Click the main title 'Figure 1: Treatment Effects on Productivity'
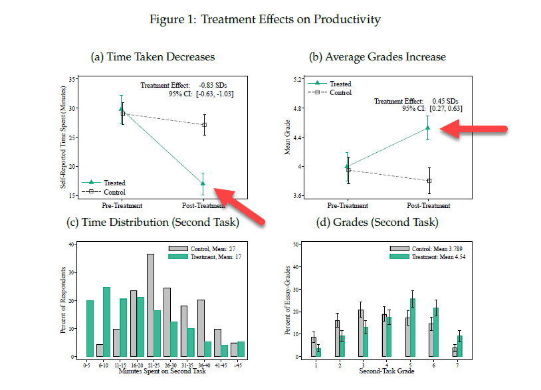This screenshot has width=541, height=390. pyautogui.click(x=265, y=19)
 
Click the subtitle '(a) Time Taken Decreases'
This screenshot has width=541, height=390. pyautogui.click(x=153, y=57)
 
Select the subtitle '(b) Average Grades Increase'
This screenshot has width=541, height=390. pyautogui.click(x=378, y=57)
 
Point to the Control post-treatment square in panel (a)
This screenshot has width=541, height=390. pyautogui.click(x=205, y=125)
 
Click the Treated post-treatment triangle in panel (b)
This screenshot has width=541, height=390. pyautogui.click(x=428, y=128)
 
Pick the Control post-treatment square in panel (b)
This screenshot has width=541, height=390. pyautogui.click(x=429, y=181)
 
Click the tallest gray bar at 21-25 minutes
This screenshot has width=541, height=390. pyautogui.click(x=150, y=306)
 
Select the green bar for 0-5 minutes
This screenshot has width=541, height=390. pyautogui.click(x=90, y=328)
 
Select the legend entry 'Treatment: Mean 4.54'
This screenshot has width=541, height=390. pyautogui.click(x=434, y=256)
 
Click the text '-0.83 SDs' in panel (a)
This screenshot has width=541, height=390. pyautogui.click(x=207, y=85)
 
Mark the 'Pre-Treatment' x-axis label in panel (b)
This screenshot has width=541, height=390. pyautogui.click(x=348, y=205)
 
